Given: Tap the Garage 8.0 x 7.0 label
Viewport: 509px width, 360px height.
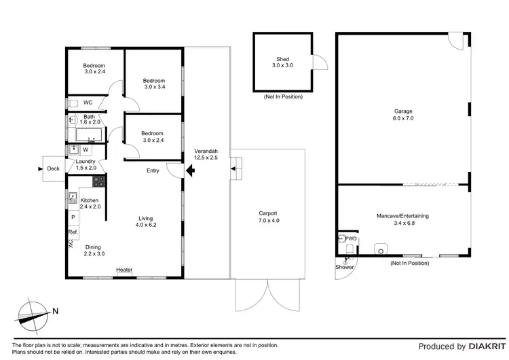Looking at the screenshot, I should pos(403,114).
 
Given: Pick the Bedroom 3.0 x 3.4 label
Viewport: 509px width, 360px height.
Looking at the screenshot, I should pos(154,84).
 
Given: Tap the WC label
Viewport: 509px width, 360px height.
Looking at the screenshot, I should pos(88,103).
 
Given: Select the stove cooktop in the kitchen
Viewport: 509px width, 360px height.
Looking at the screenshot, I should pos(98,181).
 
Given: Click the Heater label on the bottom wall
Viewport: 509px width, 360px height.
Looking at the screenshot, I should pos(124,270).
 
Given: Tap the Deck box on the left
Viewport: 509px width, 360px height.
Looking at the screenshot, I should pos(53,169).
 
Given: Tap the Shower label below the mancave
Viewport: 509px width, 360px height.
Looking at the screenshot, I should pos(344,267).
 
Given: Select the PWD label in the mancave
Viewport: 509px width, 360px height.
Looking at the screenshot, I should pos(351,239).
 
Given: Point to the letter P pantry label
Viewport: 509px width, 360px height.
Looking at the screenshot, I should pos(73,217).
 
